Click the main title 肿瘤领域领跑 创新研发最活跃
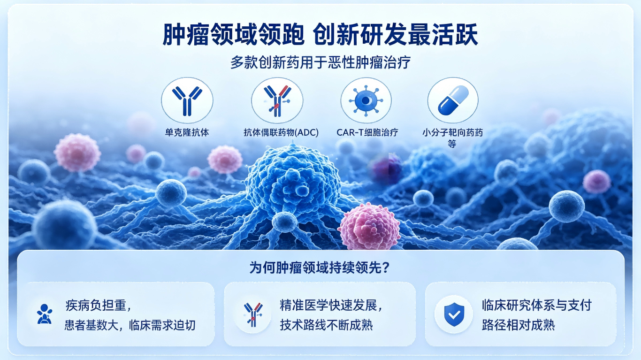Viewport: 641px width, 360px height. pos(320,35)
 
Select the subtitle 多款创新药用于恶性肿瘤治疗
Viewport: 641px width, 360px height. pos(320,62)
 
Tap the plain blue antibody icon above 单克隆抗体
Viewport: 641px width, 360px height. pos(187,100)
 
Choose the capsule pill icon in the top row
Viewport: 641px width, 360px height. pos(453,100)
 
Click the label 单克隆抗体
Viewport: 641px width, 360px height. pos(187,132)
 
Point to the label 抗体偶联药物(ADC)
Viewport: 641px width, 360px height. pos(281,132)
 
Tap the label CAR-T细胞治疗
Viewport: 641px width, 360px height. pos(367,132)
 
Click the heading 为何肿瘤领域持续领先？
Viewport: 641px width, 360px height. pos(320,268)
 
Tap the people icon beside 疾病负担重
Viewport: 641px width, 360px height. pos(45,314)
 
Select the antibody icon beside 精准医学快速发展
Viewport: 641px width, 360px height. pos(253,314)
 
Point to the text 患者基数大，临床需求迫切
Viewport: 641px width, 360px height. pos(130,325)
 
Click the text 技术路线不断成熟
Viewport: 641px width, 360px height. pos(326,325)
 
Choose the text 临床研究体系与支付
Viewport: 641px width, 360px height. pos(536,306)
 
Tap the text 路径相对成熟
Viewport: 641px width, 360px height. pos(518,325)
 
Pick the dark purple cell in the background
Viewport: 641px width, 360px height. pos(387,169)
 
